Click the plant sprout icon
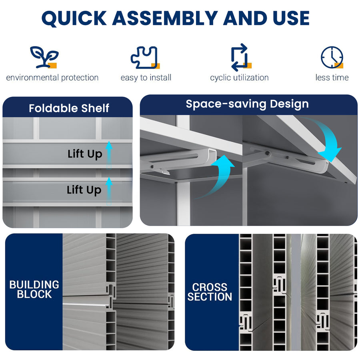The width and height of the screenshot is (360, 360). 44,57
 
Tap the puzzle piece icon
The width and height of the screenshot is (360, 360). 145,58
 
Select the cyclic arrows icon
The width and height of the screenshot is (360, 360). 240,58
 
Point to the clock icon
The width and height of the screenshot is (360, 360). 332,58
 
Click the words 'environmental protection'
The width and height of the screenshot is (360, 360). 52,78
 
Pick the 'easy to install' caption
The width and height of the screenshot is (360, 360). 146,78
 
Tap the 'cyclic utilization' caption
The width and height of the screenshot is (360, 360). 239,78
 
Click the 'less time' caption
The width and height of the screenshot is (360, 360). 332,78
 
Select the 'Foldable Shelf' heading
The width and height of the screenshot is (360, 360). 69,108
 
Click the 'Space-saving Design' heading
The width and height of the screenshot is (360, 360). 247,104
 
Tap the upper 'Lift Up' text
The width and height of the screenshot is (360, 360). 85,154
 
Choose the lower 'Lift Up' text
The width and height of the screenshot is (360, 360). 84,190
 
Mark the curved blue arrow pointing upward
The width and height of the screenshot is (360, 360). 218,176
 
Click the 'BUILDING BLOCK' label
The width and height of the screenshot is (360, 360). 34,290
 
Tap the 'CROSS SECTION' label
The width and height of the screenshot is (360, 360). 210,292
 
